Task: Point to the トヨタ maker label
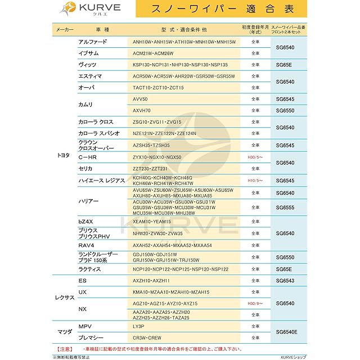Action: tap(64, 154)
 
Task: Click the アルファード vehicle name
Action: tap(92, 42)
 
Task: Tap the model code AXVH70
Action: tap(142, 111)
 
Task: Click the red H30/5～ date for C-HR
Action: tap(255, 157)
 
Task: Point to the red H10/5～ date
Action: tap(255, 181)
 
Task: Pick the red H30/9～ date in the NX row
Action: tap(255, 303)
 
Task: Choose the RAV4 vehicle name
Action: tap(85, 245)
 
